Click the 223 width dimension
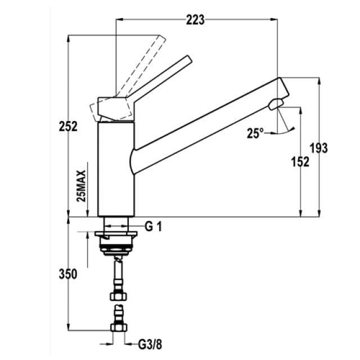(x=195, y=20)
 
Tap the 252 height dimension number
(x=68, y=126)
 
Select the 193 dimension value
(x=319, y=148)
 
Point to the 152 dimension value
(x=300, y=162)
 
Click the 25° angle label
(x=255, y=133)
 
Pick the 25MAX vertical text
(x=81, y=186)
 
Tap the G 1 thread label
(x=154, y=227)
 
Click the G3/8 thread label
(x=150, y=344)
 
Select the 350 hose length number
(x=68, y=274)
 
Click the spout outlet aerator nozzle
(x=276, y=104)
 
